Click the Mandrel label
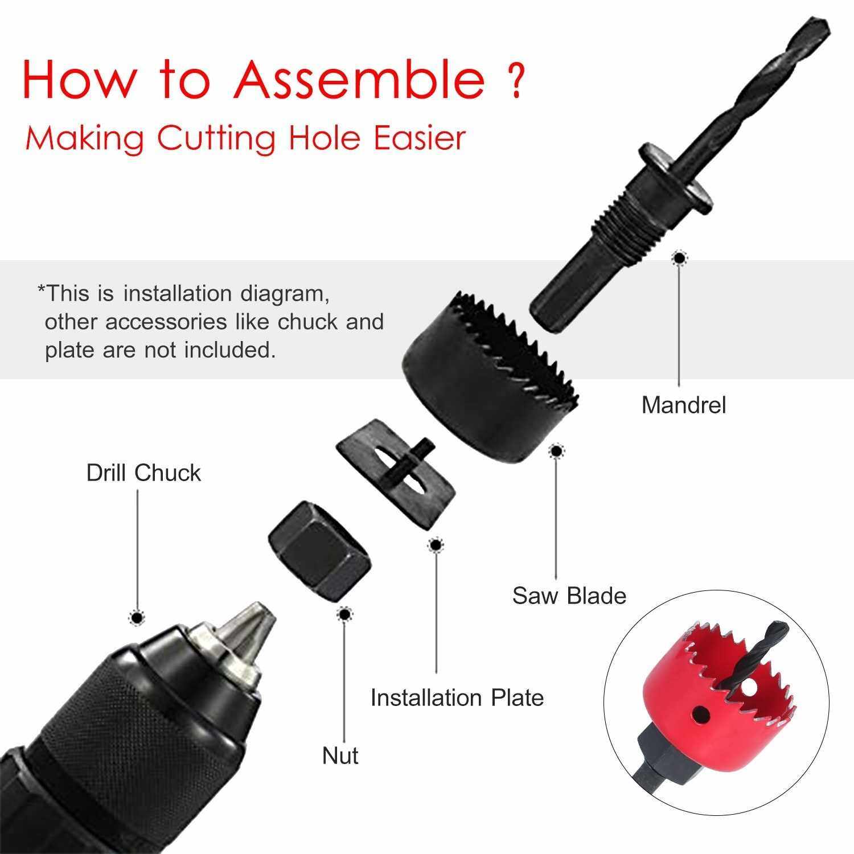point(684,405)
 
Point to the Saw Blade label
point(569,596)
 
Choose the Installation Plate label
point(457,697)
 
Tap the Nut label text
point(340,756)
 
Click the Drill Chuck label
point(143,473)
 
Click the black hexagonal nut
point(320,551)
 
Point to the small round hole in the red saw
point(699,713)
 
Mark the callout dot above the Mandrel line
point(678,258)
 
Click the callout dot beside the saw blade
point(556,452)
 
